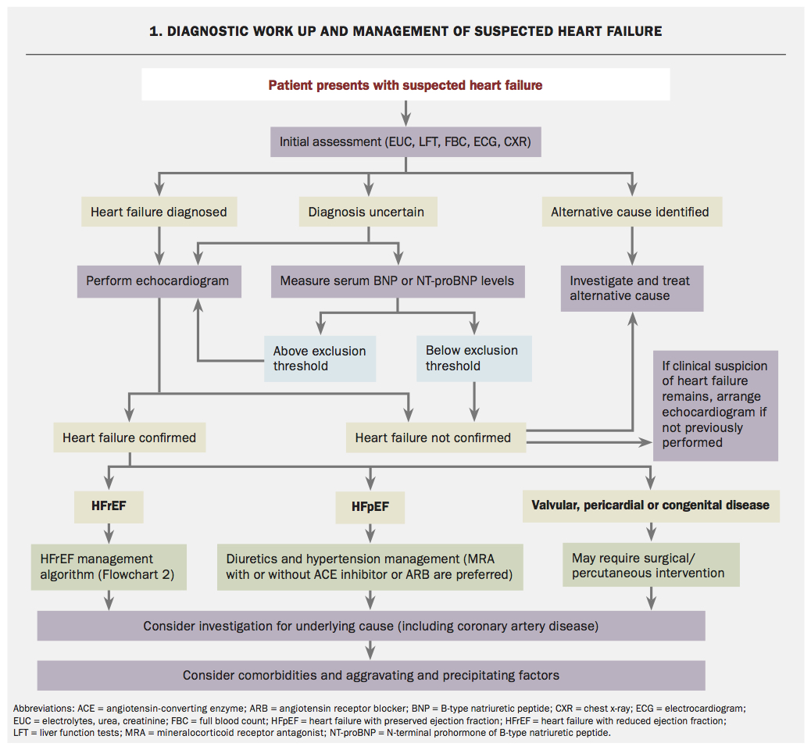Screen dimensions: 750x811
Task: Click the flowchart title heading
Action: tap(405, 31)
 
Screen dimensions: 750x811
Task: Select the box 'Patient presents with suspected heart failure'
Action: tap(405, 84)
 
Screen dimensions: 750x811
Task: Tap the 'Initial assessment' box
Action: tap(405, 143)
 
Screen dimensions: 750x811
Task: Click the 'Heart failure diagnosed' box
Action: tap(159, 212)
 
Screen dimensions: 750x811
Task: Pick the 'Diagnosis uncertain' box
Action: tap(366, 212)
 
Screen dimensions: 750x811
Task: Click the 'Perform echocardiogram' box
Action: tap(159, 280)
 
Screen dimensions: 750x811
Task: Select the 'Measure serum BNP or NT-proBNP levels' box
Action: tap(397, 280)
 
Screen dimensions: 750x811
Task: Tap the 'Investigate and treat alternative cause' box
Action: tap(632, 288)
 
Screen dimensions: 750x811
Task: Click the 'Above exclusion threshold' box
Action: tap(320, 359)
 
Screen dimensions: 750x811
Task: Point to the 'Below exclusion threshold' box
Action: tap(473, 359)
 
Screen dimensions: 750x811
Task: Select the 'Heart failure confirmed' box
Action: tap(130, 437)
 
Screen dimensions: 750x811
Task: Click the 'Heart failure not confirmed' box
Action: tap(435, 437)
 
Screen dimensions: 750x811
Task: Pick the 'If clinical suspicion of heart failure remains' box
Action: tap(715, 405)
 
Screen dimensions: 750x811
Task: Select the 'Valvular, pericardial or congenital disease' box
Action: tap(650, 505)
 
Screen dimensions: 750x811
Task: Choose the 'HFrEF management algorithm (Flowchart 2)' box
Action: tap(109, 566)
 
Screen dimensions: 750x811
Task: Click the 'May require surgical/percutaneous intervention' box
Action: tap(650, 566)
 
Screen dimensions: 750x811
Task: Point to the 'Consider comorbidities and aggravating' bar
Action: tap(371, 675)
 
